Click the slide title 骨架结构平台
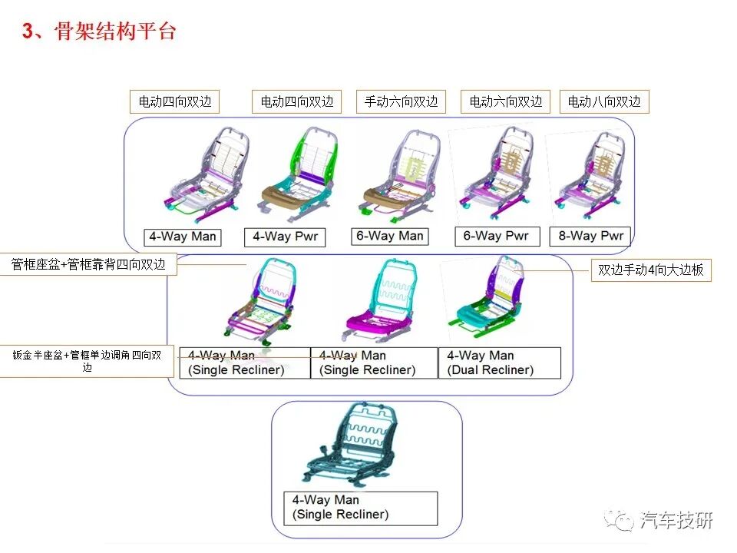coord(115,31)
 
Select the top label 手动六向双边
coord(401,101)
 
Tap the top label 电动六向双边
coord(506,101)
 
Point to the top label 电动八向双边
coord(604,101)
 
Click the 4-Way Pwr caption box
coord(285,237)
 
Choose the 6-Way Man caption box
coord(390,236)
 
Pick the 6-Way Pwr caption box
coord(496,236)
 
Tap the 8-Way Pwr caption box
coord(590,236)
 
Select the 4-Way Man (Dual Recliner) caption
coord(499,363)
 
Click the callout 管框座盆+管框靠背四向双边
coord(88,264)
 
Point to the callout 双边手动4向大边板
coord(650,270)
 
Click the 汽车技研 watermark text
coord(676,521)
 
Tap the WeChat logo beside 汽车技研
coord(620,521)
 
